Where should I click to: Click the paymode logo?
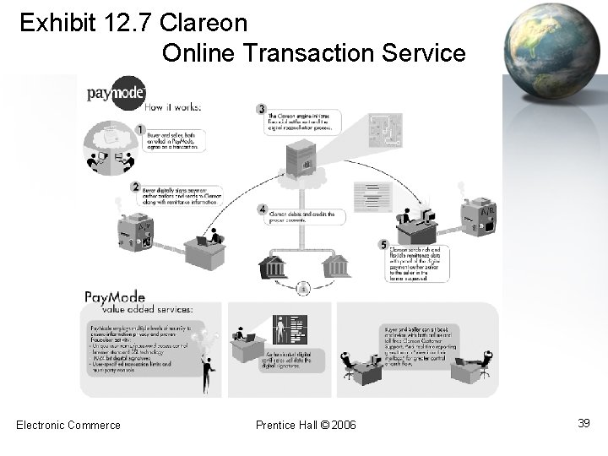click(117, 91)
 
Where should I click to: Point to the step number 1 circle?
click(140, 128)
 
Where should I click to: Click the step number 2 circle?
click(135, 186)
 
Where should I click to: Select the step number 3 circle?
click(262, 108)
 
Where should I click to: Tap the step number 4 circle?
click(263, 209)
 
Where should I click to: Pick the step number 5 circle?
click(383, 245)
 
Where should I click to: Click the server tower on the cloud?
click(298, 158)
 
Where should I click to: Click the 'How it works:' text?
click(172, 107)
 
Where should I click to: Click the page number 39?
click(583, 422)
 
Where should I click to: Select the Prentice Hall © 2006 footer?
click(306, 424)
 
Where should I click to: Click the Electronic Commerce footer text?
click(68, 424)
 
